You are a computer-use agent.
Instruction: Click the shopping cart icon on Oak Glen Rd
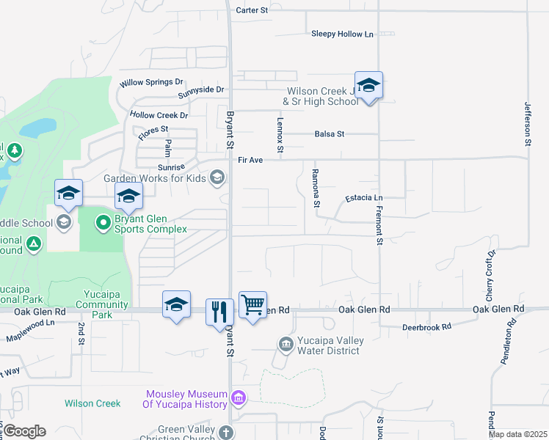252,304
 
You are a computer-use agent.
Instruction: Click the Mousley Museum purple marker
238,398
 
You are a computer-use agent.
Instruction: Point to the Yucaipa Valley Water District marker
286,343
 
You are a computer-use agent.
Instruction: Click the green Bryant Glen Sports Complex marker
104,221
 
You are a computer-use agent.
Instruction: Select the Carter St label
252,10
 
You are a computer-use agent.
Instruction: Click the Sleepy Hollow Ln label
342,34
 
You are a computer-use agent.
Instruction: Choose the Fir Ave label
250,159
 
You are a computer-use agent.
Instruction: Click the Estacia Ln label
364,198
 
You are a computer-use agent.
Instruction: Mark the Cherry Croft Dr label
491,268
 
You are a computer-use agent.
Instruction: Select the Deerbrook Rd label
426,326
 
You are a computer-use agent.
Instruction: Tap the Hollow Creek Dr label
159,115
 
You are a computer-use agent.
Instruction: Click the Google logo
23,430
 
